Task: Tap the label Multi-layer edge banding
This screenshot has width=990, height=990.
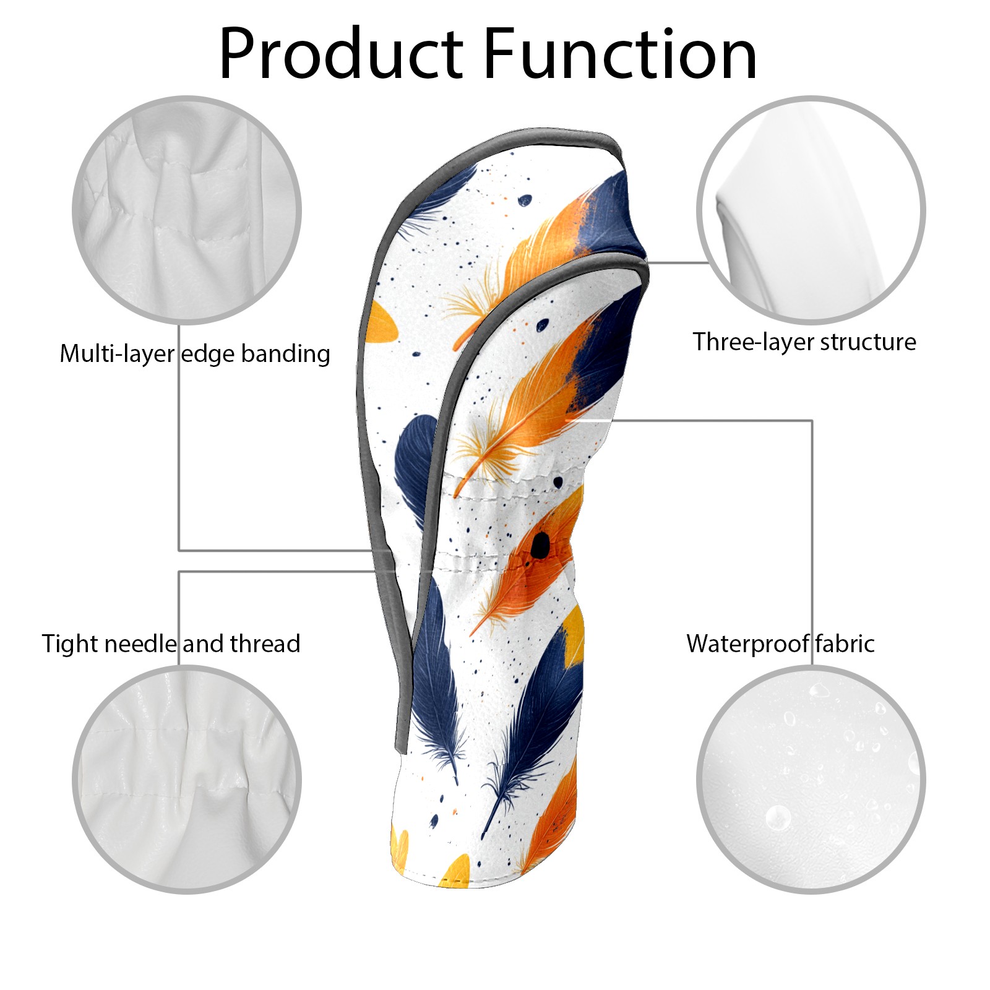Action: tap(194, 354)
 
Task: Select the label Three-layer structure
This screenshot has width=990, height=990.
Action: tap(804, 342)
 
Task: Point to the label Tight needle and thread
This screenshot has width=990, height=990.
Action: tap(171, 644)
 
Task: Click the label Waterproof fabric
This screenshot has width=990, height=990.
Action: tap(780, 644)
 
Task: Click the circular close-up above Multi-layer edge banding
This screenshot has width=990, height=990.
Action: tap(187, 210)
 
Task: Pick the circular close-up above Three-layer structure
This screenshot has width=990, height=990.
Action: tap(811, 210)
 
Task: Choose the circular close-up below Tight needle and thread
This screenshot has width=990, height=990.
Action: tap(187, 779)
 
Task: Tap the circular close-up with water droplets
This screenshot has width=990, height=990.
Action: tap(811, 779)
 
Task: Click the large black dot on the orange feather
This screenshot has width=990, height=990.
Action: tap(540, 545)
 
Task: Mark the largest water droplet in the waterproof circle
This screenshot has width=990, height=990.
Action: tap(778, 818)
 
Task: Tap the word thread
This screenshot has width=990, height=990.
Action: tap(265, 644)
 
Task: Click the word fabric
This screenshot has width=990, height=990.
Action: tap(845, 644)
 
